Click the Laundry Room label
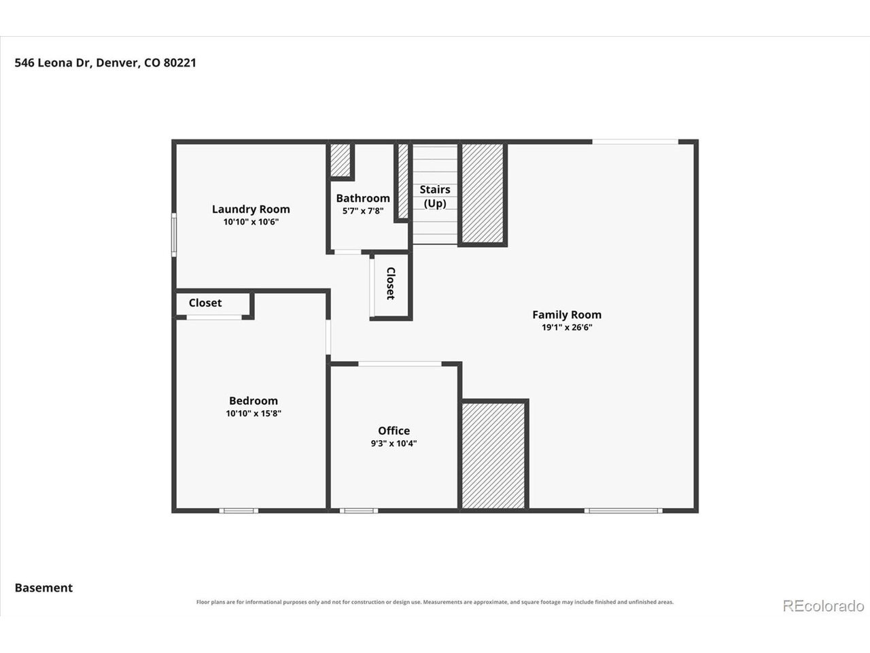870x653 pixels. click(251, 209)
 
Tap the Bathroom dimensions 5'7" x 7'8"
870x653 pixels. click(363, 211)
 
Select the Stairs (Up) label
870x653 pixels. click(435, 197)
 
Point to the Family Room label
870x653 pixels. click(567, 314)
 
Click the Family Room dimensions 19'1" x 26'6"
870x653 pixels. click(567, 327)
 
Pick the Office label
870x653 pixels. click(394, 431)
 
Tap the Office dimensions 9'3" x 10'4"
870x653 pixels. click(394, 443)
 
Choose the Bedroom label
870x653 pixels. click(254, 401)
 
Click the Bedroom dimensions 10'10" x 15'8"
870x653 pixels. click(254, 413)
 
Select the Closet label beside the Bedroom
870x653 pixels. click(205, 303)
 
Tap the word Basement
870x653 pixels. click(43, 588)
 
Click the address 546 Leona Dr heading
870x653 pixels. click(105, 63)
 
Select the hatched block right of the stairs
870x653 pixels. click(483, 193)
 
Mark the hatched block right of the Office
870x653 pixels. click(493, 456)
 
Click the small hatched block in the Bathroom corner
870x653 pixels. click(341, 160)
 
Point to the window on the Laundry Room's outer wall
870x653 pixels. click(173, 235)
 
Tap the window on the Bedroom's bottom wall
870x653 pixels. click(239, 511)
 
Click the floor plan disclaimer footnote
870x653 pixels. click(435, 602)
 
